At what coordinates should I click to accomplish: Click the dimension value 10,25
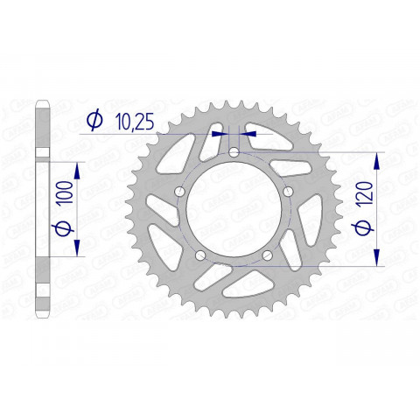[134, 122]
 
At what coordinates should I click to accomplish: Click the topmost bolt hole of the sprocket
[234, 153]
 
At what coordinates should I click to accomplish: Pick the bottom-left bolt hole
[199, 255]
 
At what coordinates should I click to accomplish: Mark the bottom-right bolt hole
[268, 255]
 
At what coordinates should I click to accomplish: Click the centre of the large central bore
[234, 209]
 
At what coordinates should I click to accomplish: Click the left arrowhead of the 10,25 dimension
[219, 134]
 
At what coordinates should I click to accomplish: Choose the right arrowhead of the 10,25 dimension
[248, 134]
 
